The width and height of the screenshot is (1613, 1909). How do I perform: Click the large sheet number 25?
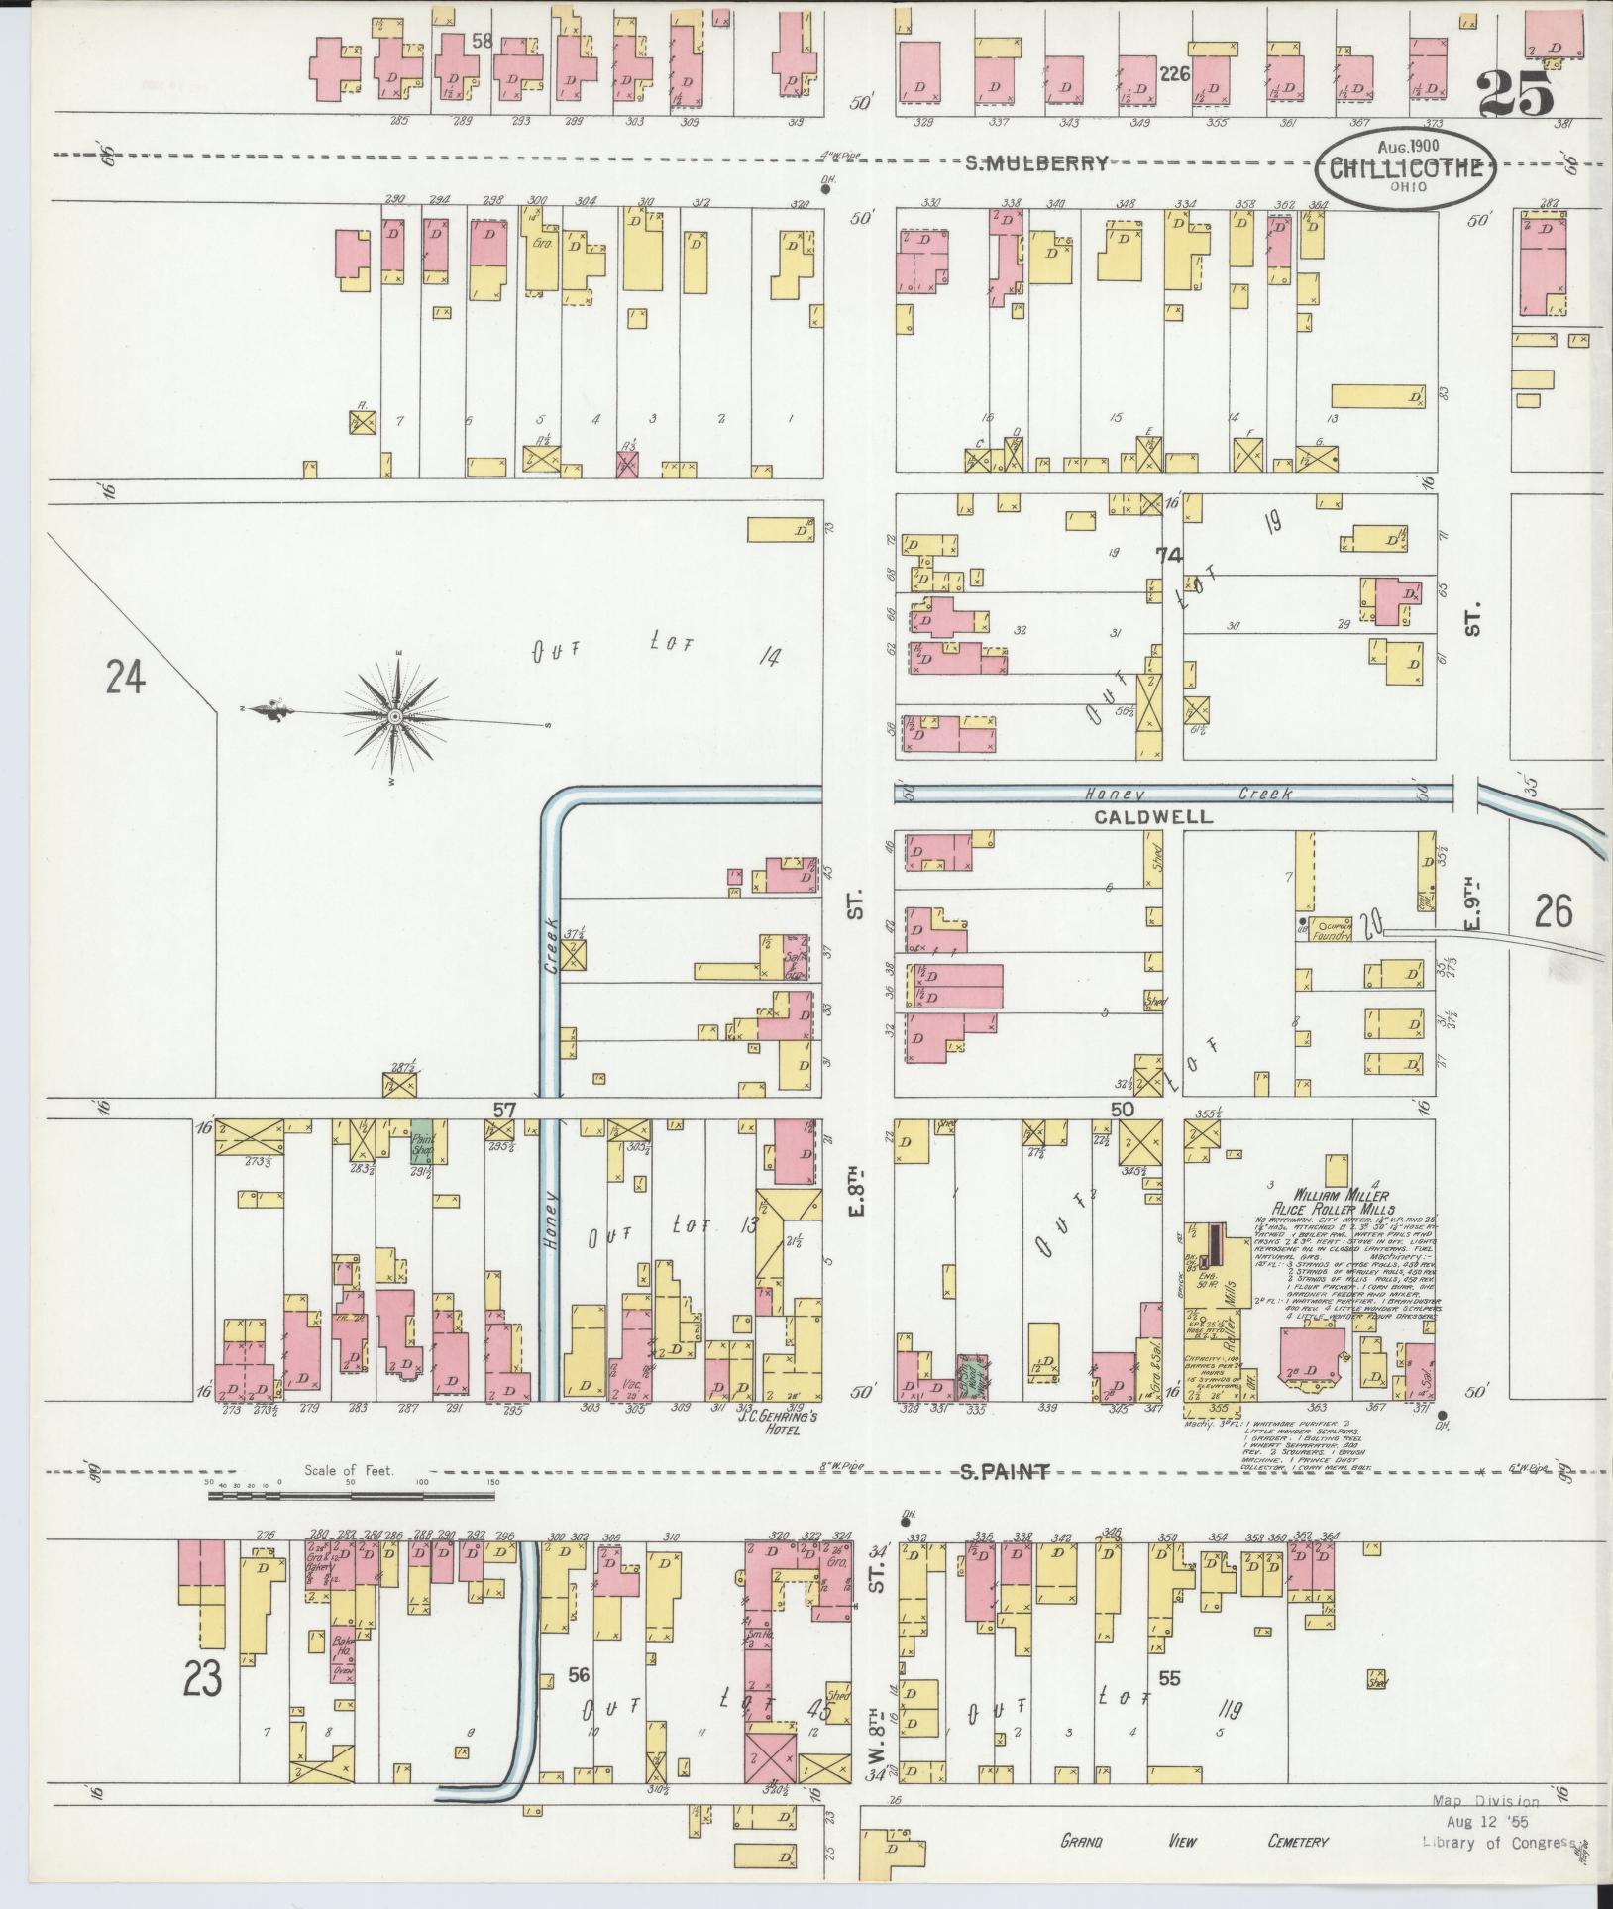pos(1517,96)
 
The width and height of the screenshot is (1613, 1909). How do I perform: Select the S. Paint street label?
pos(1005,1473)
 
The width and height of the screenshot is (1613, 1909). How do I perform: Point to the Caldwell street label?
pos(1153,817)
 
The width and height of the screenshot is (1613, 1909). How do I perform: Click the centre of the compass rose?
pos(395,716)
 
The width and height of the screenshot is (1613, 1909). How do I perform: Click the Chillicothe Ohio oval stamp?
pos(1405,165)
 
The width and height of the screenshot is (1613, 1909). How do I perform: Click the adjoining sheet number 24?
pos(126,681)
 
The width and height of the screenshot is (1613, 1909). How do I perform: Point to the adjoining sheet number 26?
pos(1553,910)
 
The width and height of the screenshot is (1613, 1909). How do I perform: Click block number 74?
pos(1173,557)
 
